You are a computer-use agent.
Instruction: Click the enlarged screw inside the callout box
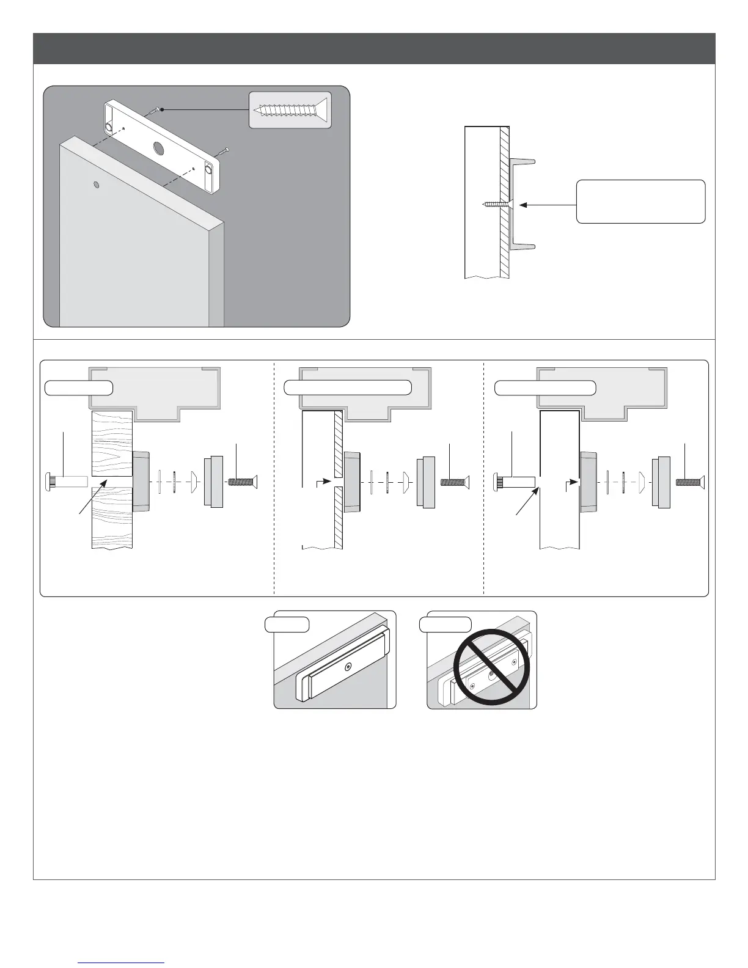click(x=290, y=110)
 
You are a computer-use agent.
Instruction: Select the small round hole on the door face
click(x=96, y=184)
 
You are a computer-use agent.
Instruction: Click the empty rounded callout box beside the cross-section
click(x=640, y=202)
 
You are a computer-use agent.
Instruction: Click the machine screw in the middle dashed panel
click(x=455, y=482)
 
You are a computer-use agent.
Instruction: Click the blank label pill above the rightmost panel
click(x=545, y=387)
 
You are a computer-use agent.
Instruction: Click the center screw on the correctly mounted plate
click(x=348, y=667)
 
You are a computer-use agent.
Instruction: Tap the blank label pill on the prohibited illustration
click(x=446, y=625)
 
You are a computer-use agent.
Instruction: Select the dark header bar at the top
click(x=374, y=48)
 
